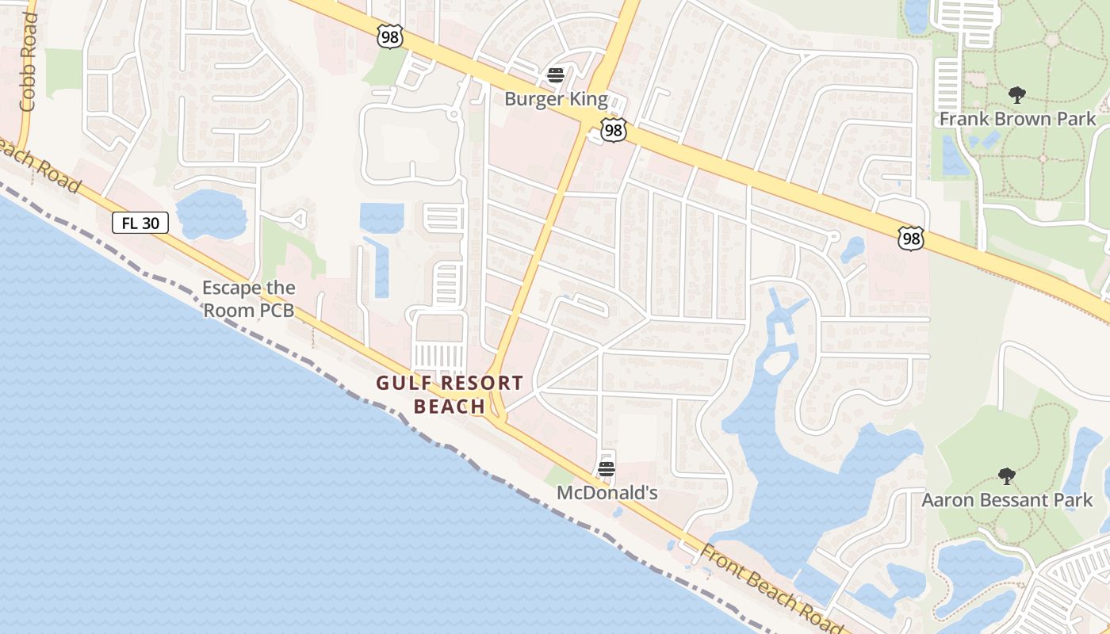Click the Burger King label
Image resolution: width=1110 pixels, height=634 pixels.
click(557, 100)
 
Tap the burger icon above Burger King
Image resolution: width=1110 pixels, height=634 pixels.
click(556, 75)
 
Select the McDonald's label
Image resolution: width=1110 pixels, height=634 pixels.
click(607, 493)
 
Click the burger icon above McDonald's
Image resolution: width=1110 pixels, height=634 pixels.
click(607, 468)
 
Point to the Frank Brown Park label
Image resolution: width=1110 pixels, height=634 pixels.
click(1017, 120)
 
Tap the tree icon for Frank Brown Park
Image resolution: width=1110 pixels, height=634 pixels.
click(1017, 96)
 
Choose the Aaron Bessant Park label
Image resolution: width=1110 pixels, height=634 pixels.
click(1007, 500)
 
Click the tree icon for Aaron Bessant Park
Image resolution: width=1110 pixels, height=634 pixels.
click(1007, 476)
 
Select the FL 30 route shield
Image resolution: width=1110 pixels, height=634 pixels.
click(140, 223)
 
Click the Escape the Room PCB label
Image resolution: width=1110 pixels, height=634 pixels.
click(249, 299)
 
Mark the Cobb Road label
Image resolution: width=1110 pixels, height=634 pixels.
click(29, 62)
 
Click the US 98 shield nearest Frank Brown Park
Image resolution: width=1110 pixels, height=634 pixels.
click(911, 238)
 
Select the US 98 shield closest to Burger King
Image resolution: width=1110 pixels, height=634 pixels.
click(613, 130)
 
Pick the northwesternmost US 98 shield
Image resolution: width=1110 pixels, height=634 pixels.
click(390, 36)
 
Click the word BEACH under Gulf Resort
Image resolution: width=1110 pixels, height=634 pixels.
click(450, 407)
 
